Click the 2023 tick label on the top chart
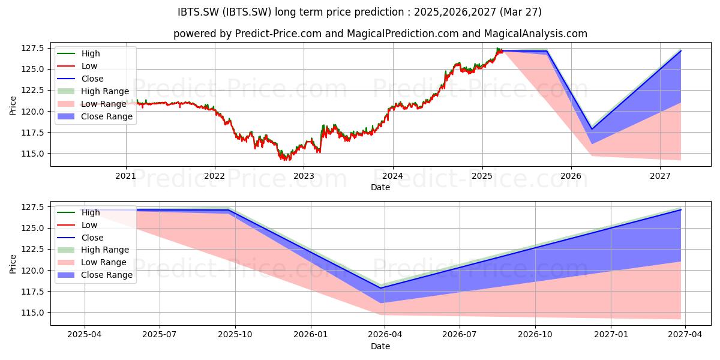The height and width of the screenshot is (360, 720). (304, 176)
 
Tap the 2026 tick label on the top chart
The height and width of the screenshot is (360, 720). (571, 176)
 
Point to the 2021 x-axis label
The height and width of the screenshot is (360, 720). (125, 176)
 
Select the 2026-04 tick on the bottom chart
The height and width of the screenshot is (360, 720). (385, 335)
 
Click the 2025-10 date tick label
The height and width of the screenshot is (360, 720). (235, 335)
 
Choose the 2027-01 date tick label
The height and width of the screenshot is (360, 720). (611, 335)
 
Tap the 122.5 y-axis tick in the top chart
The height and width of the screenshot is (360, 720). (32, 91)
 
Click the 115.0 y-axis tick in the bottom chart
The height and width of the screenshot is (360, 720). (32, 313)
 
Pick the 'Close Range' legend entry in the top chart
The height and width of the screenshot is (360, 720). (95, 116)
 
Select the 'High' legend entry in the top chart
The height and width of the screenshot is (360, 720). (79, 53)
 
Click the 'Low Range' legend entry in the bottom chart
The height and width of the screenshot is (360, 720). (92, 262)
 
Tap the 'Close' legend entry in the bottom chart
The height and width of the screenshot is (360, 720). (80, 238)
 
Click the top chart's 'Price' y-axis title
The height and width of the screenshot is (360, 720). (13, 106)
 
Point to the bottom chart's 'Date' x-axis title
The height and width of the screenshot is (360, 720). (380, 346)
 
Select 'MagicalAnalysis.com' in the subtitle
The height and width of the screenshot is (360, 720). (535, 34)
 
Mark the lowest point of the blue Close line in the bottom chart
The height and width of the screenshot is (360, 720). (381, 288)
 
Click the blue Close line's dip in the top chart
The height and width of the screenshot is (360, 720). (592, 129)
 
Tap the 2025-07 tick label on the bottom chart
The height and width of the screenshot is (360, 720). (160, 335)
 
